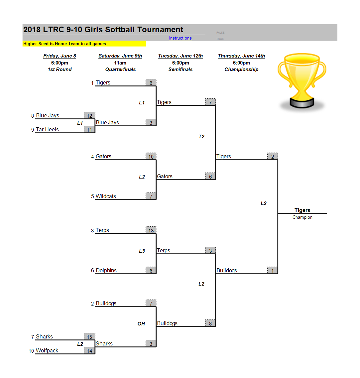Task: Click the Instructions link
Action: click(180, 38)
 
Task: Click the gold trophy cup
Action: click(302, 80)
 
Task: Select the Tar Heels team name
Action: click(47, 129)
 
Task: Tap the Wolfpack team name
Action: click(47, 350)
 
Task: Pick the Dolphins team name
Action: click(106, 271)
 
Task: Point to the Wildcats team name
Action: click(106, 196)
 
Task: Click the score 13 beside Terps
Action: click(151, 230)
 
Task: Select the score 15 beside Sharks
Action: click(89, 336)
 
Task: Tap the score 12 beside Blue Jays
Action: click(89, 115)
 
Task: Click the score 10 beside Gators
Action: click(151, 157)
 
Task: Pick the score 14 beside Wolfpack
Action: click(89, 351)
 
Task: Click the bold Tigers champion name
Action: click(302, 210)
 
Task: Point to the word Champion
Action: click(302, 217)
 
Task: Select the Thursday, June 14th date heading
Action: click(241, 56)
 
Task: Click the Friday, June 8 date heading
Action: click(60, 56)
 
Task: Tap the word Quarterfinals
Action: click(120, 69)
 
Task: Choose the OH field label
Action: click(141, 323)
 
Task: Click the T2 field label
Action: click(201, 137)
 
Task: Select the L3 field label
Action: click(142, 251)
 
